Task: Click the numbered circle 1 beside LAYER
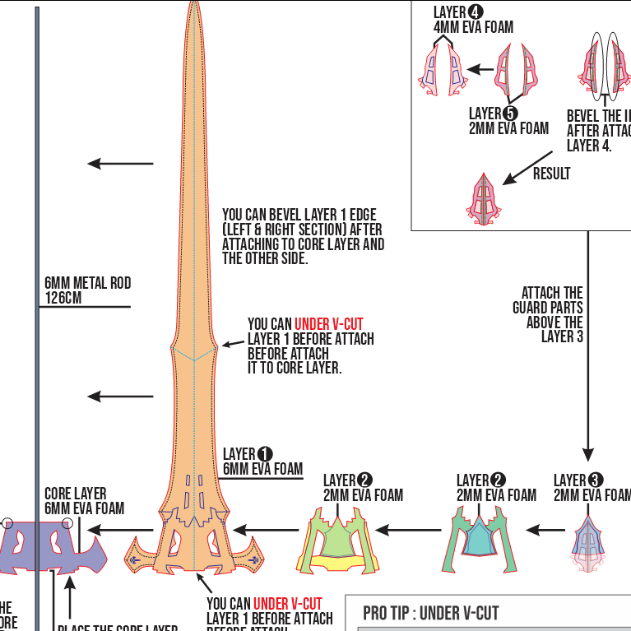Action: (265, 454)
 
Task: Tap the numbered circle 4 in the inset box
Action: (476, 12)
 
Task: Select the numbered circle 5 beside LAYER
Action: (510, 114)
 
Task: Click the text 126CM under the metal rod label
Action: (63, 298)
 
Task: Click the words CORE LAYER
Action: (75, 494)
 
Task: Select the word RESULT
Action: (551, 174)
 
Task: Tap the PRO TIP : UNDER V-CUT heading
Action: (430, 613)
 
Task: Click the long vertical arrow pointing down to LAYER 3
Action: (588, 346)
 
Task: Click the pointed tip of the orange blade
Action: (194, 7)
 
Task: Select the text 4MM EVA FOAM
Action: (473, 27)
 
